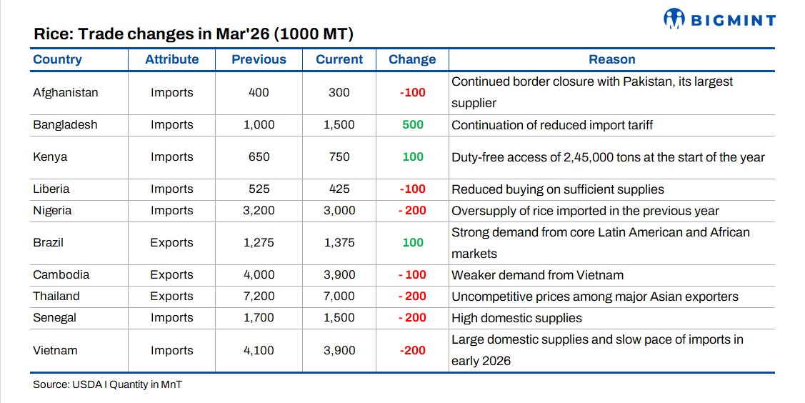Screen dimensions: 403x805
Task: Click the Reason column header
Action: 611,59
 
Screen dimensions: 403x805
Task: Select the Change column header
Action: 412,59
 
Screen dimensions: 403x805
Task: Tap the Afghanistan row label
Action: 66,92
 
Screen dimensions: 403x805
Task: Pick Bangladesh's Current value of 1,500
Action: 339,124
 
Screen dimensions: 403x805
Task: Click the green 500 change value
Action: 413,124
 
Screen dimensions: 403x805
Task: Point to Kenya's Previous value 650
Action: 259,156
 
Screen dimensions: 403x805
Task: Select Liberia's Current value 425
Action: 339,189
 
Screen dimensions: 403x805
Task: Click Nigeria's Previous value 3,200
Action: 259,210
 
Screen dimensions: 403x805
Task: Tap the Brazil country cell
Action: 48,242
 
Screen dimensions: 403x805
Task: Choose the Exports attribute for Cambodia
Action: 171,274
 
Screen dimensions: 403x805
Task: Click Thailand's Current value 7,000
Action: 339,296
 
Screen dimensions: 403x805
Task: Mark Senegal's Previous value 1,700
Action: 259,317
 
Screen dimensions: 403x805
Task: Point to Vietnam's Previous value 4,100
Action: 259,350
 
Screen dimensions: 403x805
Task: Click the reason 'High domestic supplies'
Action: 516,317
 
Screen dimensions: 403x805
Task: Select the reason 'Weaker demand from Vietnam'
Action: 537,274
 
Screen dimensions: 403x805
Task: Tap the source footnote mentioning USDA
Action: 107,384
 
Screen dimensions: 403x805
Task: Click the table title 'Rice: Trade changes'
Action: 194,34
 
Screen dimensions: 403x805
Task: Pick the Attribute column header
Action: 171,59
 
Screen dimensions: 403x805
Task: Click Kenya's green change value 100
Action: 413,156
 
